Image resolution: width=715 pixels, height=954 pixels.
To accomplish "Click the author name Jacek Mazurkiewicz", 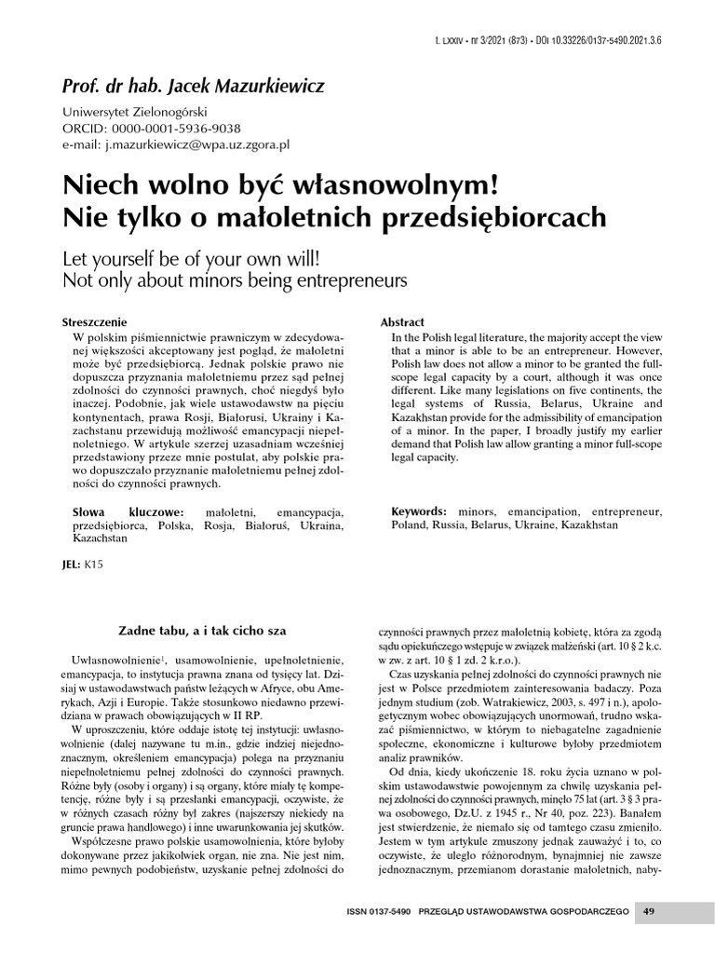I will [x=246, y=87].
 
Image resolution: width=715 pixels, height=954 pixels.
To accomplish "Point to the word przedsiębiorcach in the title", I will [x=482, y=217].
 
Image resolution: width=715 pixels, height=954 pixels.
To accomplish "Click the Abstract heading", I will [x=403, y=321].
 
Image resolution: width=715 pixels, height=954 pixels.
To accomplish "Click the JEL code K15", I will [x=94, y=565].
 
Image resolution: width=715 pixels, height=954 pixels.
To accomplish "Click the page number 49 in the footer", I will [x=649, y=909].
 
